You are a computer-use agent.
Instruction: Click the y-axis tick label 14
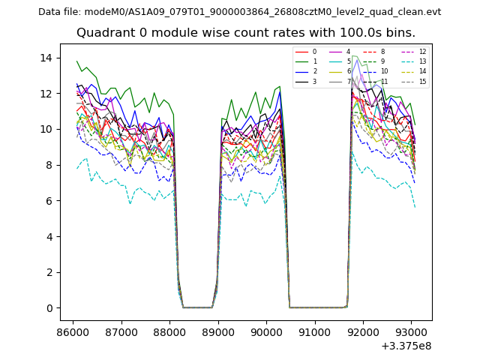46,58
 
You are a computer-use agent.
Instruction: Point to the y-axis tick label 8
49,165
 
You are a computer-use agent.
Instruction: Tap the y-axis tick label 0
49,308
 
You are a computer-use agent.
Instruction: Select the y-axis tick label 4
49,237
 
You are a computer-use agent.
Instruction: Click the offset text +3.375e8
406,346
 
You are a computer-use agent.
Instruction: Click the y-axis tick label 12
46,94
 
